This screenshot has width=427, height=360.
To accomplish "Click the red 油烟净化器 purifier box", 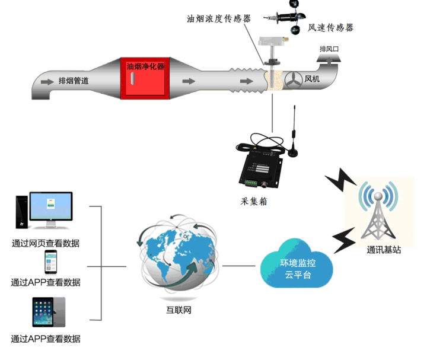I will click(x=145, y=80).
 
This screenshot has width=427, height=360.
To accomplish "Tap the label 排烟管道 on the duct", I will click(x=74, y=81).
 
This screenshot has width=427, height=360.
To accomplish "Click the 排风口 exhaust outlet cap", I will click(x=330, y=57).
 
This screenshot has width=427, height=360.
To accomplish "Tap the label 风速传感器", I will click(x=331, y=28).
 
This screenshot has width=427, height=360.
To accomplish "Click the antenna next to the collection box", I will click(x=293, y=133).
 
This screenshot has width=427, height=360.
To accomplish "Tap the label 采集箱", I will click(x=254, y=201).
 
